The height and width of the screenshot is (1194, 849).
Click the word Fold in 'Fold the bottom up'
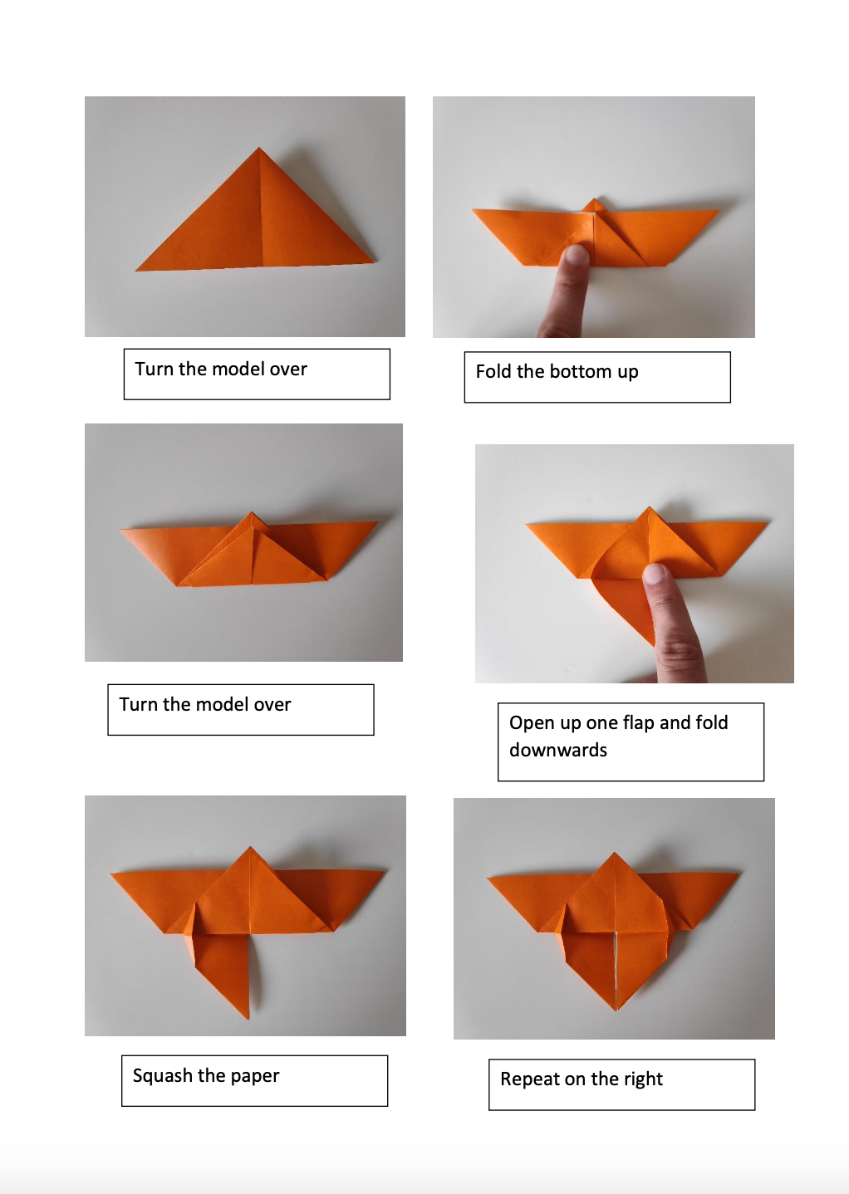coord(493,371)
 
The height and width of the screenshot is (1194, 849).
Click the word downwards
coord(558,750)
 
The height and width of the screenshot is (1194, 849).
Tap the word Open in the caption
coord(532,722)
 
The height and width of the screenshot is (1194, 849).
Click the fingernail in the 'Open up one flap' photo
coord(655,573)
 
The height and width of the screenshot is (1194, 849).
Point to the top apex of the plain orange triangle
coord(259,149)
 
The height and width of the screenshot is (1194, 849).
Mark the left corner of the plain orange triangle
coord(137,270)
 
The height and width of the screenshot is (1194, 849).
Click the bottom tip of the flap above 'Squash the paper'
coord(248,1017)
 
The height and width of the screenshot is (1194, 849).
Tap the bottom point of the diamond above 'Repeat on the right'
coord(616,1010)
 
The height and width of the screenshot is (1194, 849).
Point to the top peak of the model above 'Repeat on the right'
coord(615,853)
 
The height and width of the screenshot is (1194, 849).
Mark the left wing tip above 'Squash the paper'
coord(112,873)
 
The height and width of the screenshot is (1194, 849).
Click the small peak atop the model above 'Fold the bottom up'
coord(593,200)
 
